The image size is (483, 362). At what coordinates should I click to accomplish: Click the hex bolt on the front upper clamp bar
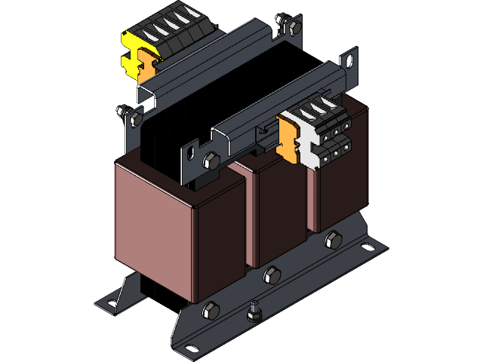coord(211,161)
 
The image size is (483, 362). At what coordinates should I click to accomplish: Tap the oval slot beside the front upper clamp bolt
coord(189,157)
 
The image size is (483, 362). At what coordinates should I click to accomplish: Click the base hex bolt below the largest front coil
coord(211,309)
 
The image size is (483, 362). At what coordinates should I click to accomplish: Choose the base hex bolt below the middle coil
coord(272,276)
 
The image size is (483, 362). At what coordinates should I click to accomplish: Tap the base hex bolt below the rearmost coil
coord(331,241)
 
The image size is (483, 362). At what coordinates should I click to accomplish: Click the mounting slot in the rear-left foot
coord(111,303)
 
